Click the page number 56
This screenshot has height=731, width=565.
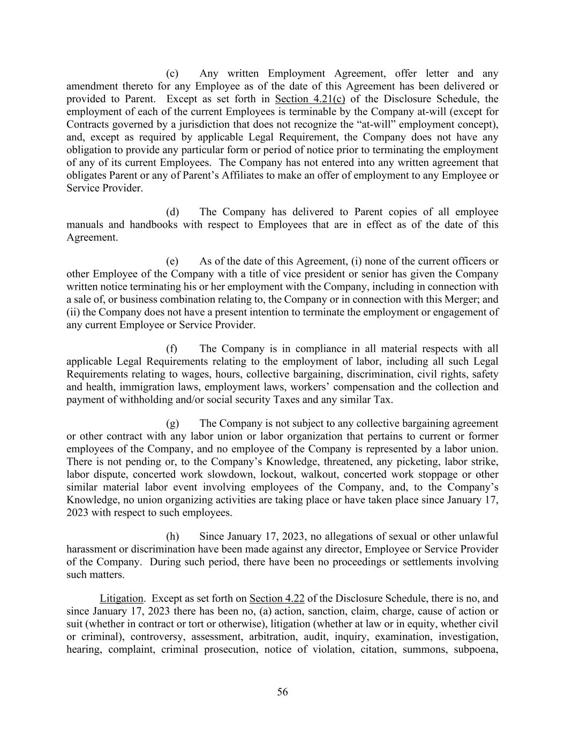click(x=282, y=692)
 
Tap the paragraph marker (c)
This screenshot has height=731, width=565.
click(x=172, y=73)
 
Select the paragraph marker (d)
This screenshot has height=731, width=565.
click(x=172, y=212)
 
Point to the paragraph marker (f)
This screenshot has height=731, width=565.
click(x=171, y=349)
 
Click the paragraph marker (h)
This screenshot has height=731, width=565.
click(x=172, y=537)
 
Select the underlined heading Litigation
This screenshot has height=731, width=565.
click(x=121, y=598)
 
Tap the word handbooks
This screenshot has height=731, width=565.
click(x=153, y=225)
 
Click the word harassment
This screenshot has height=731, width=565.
click(x=93, y=549)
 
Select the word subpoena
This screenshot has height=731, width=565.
click(x=476, y=650)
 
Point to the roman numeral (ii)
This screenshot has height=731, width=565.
click(x=73, y=312)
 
